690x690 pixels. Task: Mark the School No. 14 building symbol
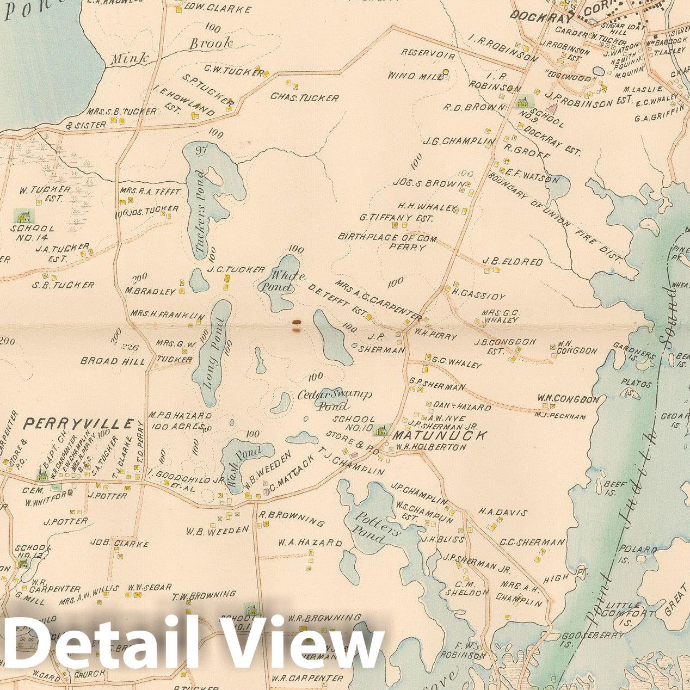[x=23, y=216]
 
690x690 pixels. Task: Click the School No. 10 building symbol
[x=383, y=430]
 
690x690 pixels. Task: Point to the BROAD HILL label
[x=113, y=361]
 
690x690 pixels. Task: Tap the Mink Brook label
[x=171, y=51]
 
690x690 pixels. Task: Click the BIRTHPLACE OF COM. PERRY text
[x=391, y=242]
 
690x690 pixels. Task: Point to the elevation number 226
[x=131, y=347]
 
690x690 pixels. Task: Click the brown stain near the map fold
[x=296, y=325]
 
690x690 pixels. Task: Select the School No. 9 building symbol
[x=523, y=102]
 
